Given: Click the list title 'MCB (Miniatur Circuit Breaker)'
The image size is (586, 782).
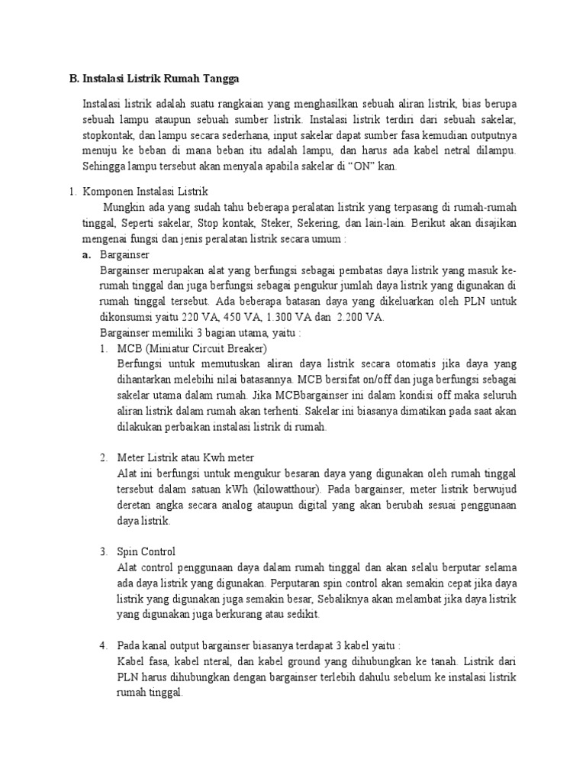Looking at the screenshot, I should coord(192,348).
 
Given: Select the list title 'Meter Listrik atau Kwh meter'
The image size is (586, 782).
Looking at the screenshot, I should coord(185,457).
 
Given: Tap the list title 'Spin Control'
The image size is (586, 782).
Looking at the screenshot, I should coord(146,551).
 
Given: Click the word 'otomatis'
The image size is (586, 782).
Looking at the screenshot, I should coord(395,364).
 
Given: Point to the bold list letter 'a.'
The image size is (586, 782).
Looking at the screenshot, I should coord(88,254).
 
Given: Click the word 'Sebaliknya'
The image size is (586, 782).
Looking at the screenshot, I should coord(349,599).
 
